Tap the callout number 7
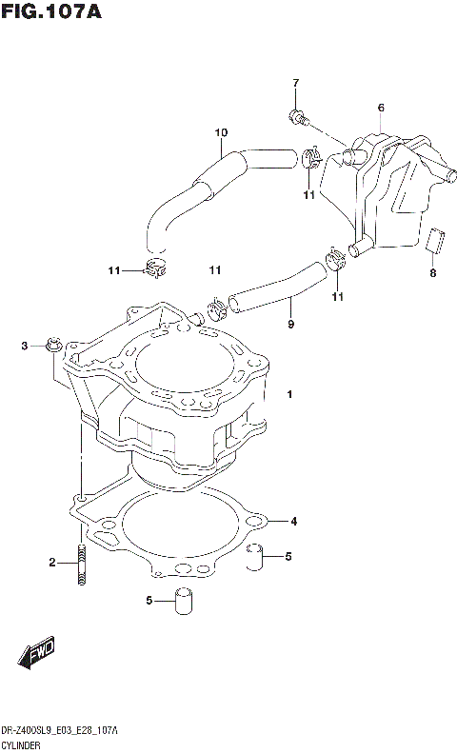[x=295, y=83]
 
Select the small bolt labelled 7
[x=297, y=118]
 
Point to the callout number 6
[x=380, y=108]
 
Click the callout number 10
[x=221, y=132]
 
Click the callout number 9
[x=290, y=325]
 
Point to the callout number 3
[x=26, y=346]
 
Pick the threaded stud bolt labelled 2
[x=83, y=561]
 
